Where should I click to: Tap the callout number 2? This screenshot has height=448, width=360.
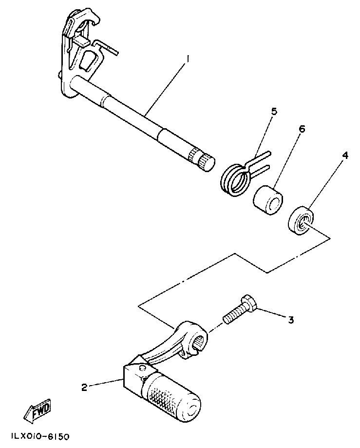coord(84,388)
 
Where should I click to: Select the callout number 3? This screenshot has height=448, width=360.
coord(291,320)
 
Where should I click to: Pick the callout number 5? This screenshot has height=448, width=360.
coord(274,112)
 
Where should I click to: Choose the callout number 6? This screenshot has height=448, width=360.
coord(302,129)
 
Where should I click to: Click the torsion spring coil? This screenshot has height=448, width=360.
coord(236,178)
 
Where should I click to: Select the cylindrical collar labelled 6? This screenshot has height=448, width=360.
coord(267,198)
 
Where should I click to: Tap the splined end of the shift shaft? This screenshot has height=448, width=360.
coord(202,159)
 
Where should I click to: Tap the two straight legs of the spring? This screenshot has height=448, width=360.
coord(261,161)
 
